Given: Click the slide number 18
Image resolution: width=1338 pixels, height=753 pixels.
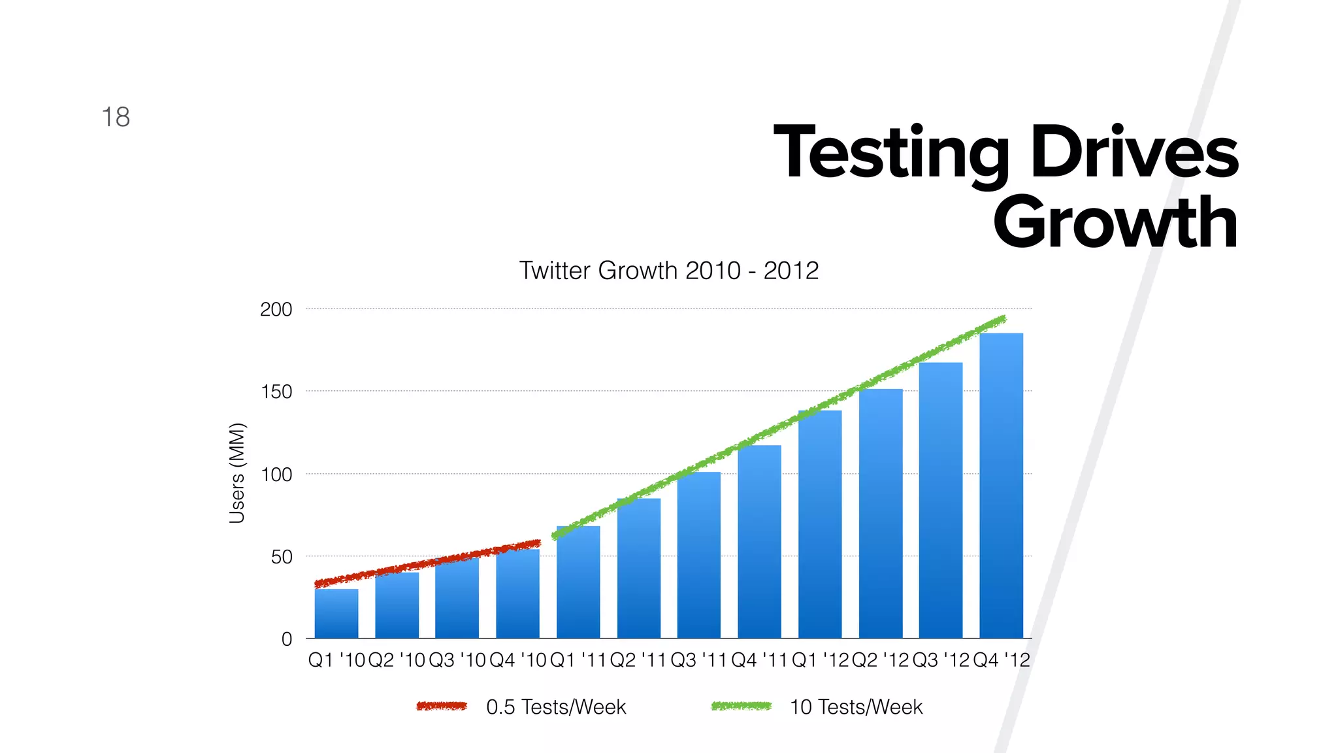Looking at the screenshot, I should [x=116, y=118].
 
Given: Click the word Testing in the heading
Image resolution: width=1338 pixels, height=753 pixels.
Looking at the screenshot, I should [x=892, y=153].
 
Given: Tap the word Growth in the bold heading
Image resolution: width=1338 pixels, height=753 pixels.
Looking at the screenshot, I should [x=1115, y=223].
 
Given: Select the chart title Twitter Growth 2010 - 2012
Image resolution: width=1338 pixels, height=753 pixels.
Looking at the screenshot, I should [x=668, y=271].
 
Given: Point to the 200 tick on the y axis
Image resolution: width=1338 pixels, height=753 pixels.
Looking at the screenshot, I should [x=276, y=309].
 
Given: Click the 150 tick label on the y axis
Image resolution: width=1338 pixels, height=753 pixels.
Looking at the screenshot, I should [x=276, y=392].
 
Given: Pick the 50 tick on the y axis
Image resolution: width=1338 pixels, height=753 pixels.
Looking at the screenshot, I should [x=282, y=557].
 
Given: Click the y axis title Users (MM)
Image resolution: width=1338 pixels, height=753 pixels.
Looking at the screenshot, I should [x=237, y=473].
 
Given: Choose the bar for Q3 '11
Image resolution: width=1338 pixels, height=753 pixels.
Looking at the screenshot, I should [x=698, y=556].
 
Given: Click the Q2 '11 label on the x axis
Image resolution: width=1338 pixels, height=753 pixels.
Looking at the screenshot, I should [x=638, y=660].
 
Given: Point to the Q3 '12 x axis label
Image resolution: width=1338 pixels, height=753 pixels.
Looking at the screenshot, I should [x=940, y=660].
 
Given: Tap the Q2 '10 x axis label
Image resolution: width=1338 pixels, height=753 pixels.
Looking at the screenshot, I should [x=397, y=660].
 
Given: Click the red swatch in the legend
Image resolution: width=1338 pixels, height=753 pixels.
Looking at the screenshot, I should [x=442, y=706].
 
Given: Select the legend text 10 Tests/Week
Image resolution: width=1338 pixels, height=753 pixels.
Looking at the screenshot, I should [x=856, y=707].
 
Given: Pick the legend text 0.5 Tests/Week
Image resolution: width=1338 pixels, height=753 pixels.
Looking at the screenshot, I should [x=556, y=707].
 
